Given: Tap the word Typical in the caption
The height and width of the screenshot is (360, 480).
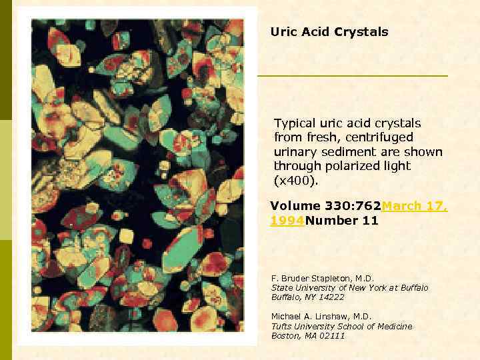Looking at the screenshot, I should pyautogui.click(x=295, y=123).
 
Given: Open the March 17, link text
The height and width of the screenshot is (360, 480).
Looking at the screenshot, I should pyautogui.click(x=414, y=207).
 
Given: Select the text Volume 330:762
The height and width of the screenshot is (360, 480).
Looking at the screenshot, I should pyautogui.click(x=325, y=207).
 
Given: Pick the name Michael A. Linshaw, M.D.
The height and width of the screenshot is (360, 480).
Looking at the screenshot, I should pyautogui.click(x=321, y=316).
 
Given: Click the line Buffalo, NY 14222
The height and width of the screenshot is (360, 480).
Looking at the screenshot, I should pyautogui.click(x=307, y=297).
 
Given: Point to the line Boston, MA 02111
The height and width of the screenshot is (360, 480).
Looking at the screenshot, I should pyautogui.click(x=308, y=335).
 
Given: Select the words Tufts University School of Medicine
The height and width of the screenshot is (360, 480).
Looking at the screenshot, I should pyautogui.click(x=341, y=326).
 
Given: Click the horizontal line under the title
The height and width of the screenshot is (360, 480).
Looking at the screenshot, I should pyautogui.click(x=353, y=76).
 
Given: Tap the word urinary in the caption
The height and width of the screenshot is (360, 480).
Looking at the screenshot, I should pyautogui.click(x=295, y=152).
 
